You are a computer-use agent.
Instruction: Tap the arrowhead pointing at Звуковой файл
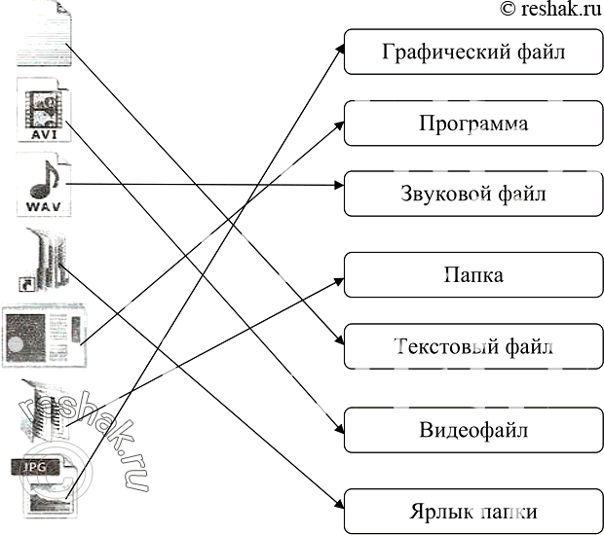338,184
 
